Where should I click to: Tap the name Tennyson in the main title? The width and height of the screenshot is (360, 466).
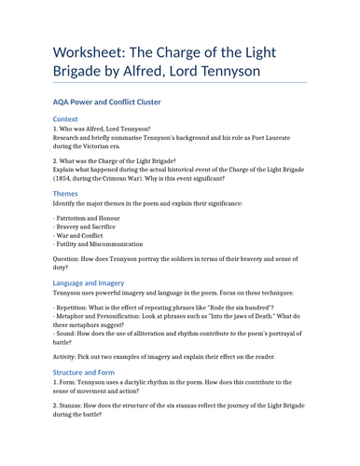[228, 70]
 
